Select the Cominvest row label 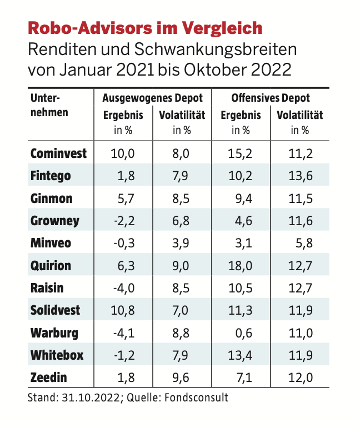[x=58, y=153]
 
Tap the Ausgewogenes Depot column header [x=153, y=98]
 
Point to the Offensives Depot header [x=271, y=98]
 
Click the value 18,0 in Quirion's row [x=241, y=265]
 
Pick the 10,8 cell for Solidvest [x=123, y=310]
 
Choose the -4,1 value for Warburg [x=124, y=332]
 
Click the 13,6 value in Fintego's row [x=301, y=176]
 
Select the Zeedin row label [x=48, y=378]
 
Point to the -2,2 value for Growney [x=124, y=221]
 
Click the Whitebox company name [x=57, y=355]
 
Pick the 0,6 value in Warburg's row [x=244, y=332]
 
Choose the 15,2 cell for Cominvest [x=241, y=153]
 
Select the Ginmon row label [x=51, y=198]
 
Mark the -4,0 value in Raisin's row [x=124, y=288]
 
